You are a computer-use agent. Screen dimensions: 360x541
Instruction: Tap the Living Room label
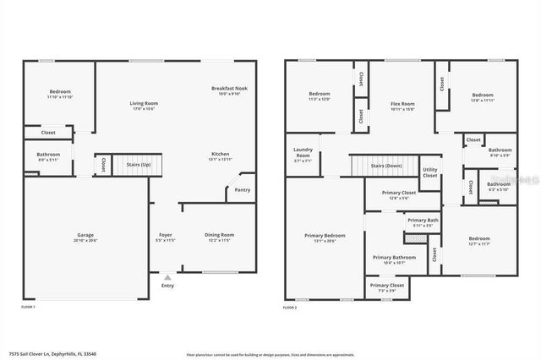(x=144, y=103)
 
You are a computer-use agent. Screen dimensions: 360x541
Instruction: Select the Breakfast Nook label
(x=229, y=88)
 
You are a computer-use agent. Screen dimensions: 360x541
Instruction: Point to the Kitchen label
(x=220, y=154)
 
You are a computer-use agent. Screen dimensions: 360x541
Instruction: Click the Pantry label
(x=242, y=190)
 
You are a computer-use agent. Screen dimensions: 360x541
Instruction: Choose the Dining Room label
(x=219, y=235)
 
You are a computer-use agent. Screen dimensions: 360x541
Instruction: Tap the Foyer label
(x=166, y=235)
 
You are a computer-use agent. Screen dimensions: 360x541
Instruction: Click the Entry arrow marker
(x=167, y=276)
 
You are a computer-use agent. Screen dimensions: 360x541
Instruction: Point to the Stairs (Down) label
(x=386, y=166)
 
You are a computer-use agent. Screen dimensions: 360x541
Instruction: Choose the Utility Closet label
(x=430, y=172)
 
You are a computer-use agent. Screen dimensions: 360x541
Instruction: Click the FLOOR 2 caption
(x=290, y=308)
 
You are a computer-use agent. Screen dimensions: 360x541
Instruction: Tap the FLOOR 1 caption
(x=27, y=308)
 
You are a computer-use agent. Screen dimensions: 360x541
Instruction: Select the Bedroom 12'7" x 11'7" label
(x=479, y=239)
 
